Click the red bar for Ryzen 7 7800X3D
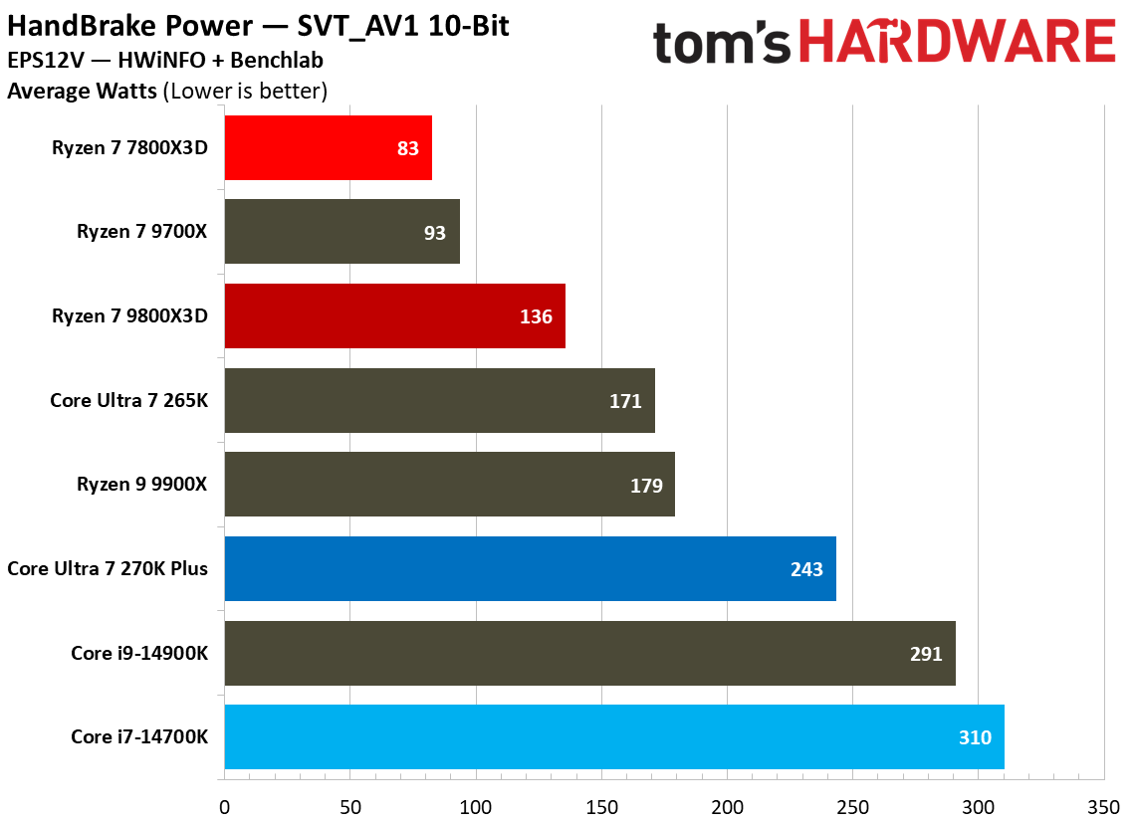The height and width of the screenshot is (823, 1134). (x=328, y=148)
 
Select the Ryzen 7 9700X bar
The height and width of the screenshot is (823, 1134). (x=341, y=232)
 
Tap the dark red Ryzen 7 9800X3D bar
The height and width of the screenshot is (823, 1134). (x=394, y=316)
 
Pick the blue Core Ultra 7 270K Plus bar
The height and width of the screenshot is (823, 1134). (x=530, y=569)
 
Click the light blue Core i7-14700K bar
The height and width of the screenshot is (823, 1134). (x=614, y=737)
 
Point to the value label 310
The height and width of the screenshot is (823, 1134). (x=975, y=737)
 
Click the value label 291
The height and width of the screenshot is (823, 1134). (x=926, y=654)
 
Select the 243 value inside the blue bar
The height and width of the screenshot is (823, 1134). (x=806, y=569)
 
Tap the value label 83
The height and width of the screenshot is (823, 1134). (x=407, y=148)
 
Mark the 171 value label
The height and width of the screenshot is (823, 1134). (x=625, y=401)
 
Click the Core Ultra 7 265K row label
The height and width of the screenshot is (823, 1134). (x=128, y=401)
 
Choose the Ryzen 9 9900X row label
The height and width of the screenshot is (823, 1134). (x=142, y=485)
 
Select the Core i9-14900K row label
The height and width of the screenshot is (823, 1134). (x=138, y=654)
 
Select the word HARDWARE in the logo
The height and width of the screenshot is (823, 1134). (x=957, y=43)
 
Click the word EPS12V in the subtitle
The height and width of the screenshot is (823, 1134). (x=41, y=61)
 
